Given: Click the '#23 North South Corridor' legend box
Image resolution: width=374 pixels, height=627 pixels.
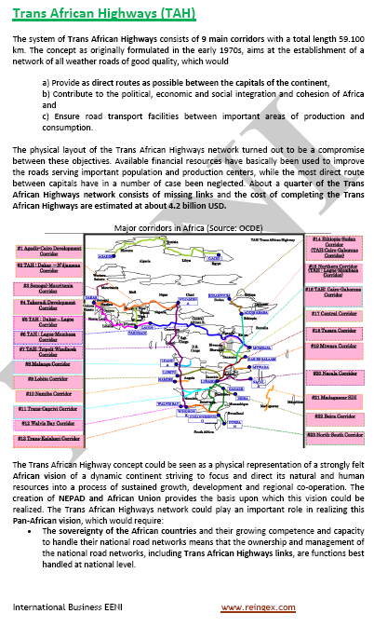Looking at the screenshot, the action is tap(335, 435).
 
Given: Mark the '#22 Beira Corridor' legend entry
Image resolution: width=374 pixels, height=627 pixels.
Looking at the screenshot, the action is tap(335, 416).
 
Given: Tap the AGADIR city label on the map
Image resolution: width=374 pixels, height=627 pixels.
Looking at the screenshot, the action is tap(105, 253).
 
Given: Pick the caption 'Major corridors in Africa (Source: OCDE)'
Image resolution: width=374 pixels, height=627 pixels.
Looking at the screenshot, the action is tap(188, 228).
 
